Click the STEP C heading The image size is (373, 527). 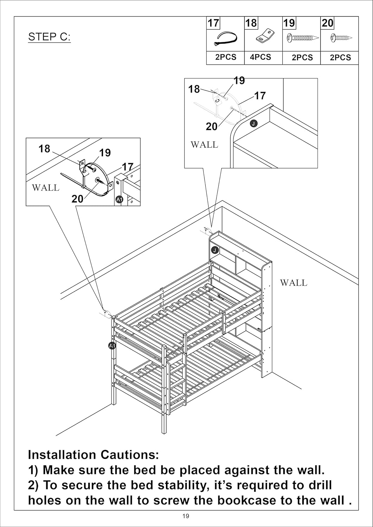[49, 37]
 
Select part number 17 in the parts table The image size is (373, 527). [213, 23]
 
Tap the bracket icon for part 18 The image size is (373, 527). [264, 37]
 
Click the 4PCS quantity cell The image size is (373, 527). [261, 57]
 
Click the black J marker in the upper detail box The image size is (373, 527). [253, 123]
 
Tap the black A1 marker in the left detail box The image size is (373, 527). [119, 200]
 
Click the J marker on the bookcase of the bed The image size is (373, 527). [215, 250]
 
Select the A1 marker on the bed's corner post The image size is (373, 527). [112, 346]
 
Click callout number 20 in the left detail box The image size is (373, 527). [77, 199]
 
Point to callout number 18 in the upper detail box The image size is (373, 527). [194, 89]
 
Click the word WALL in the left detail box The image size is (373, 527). [45, 188]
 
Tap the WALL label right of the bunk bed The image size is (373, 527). [293, 282]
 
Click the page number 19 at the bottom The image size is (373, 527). [186, 516]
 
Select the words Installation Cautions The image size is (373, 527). [94, 455]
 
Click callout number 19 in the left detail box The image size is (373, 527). [105, 152]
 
